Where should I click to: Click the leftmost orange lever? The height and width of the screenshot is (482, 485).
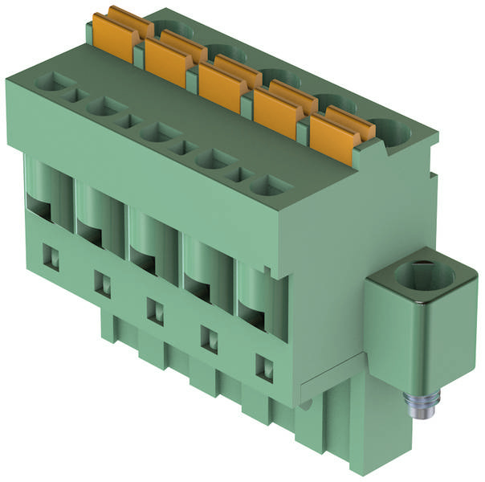pos(117,35)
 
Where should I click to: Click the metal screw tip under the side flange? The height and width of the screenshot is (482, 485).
pos(418,406)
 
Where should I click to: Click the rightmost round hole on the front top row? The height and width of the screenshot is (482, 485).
pos(267,186)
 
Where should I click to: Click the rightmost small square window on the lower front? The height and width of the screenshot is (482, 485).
pos(263,367)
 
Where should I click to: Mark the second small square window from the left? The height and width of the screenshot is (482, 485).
pos(103,283)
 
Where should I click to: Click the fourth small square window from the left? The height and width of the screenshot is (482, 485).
pos(210,339)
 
